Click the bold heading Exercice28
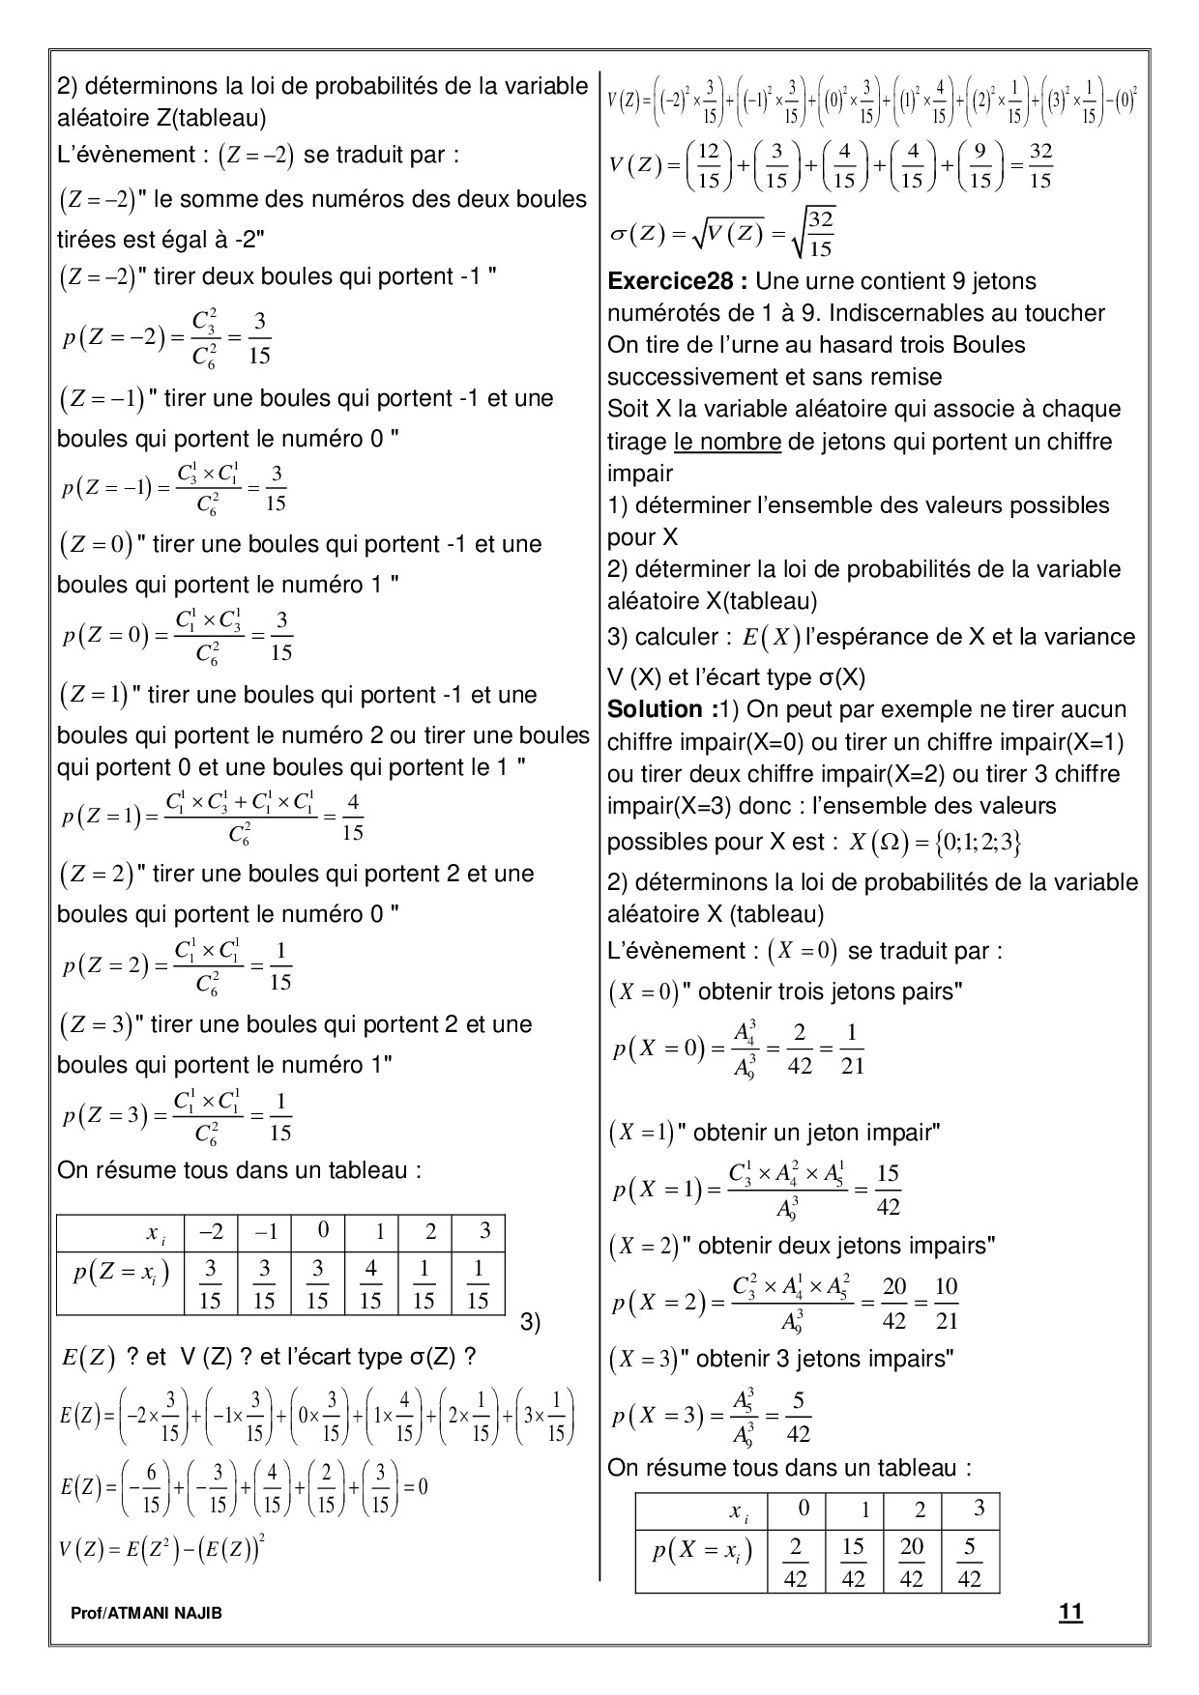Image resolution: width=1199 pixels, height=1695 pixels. click(676, 281)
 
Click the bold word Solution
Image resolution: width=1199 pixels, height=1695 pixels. click(660, 709)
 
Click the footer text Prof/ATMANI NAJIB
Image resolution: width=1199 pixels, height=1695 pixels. click(146, 1613)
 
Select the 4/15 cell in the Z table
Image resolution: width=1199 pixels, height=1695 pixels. click(370, 1284)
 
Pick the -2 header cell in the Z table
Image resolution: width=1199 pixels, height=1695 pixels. click(211, 1230)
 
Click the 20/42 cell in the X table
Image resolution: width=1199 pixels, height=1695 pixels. click(911, 1562)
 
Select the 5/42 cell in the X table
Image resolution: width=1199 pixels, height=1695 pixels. click(969, 1562)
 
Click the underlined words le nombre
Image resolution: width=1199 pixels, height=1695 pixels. click(727, 442)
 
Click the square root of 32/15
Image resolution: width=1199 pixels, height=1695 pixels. click(814, 234)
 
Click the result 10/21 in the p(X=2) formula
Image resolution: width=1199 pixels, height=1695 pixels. click(947, 1302)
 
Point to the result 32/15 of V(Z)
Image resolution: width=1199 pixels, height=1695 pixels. click(1040, 166)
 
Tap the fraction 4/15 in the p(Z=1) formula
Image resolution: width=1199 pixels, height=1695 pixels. click(352, 818)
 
